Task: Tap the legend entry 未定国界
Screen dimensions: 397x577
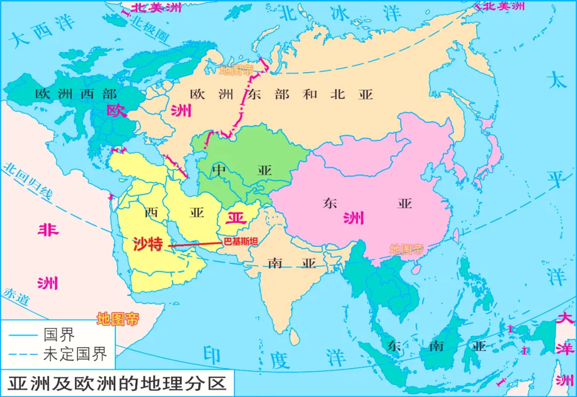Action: [x=75, y=354]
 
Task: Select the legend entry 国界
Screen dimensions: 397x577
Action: [x=59, y=335]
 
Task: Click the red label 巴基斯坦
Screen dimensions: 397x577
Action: [x=240, y=242]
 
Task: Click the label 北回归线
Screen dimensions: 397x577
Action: [x=27, y=182]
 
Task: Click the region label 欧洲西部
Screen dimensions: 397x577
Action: [x=75, y=94]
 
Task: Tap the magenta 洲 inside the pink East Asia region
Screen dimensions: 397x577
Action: [x=353, y=217]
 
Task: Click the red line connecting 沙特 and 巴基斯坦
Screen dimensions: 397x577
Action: [x=195, y=244]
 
